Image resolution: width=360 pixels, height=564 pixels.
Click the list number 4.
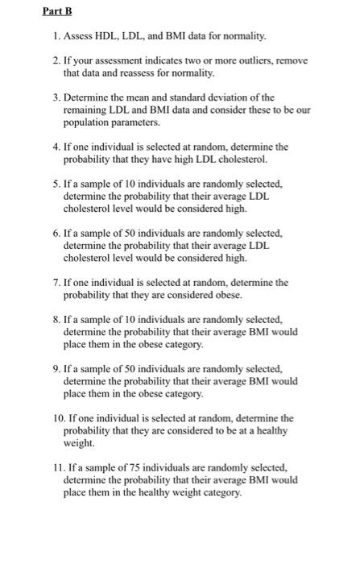46,147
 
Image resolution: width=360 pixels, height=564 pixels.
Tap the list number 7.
46,283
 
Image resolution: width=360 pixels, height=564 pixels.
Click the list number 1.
46,36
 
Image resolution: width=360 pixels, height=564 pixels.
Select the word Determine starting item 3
85,97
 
